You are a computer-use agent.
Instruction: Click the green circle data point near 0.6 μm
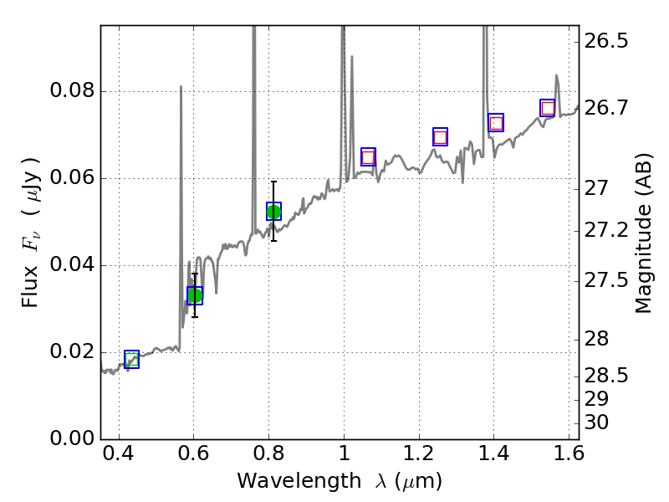click(195, 295)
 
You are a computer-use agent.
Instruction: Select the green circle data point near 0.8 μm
click(273, 212)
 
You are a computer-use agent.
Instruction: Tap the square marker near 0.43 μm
click(131, 359)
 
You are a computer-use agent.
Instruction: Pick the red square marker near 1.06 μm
click(368, 157)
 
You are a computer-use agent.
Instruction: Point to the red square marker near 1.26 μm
click(440, 137)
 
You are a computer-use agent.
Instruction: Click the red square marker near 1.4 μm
click(496, 123)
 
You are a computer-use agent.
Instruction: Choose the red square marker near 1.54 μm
click(548, 108)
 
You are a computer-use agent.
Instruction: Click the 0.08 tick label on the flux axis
click(72, 91)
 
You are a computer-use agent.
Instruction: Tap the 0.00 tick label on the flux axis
click(72, 438)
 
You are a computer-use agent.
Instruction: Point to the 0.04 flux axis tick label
click(72, 265)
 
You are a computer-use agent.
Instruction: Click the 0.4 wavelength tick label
click(119, 457)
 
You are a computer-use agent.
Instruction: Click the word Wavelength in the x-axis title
click(288, 481)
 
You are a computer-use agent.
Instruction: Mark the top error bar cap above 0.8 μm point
click(273, 182)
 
